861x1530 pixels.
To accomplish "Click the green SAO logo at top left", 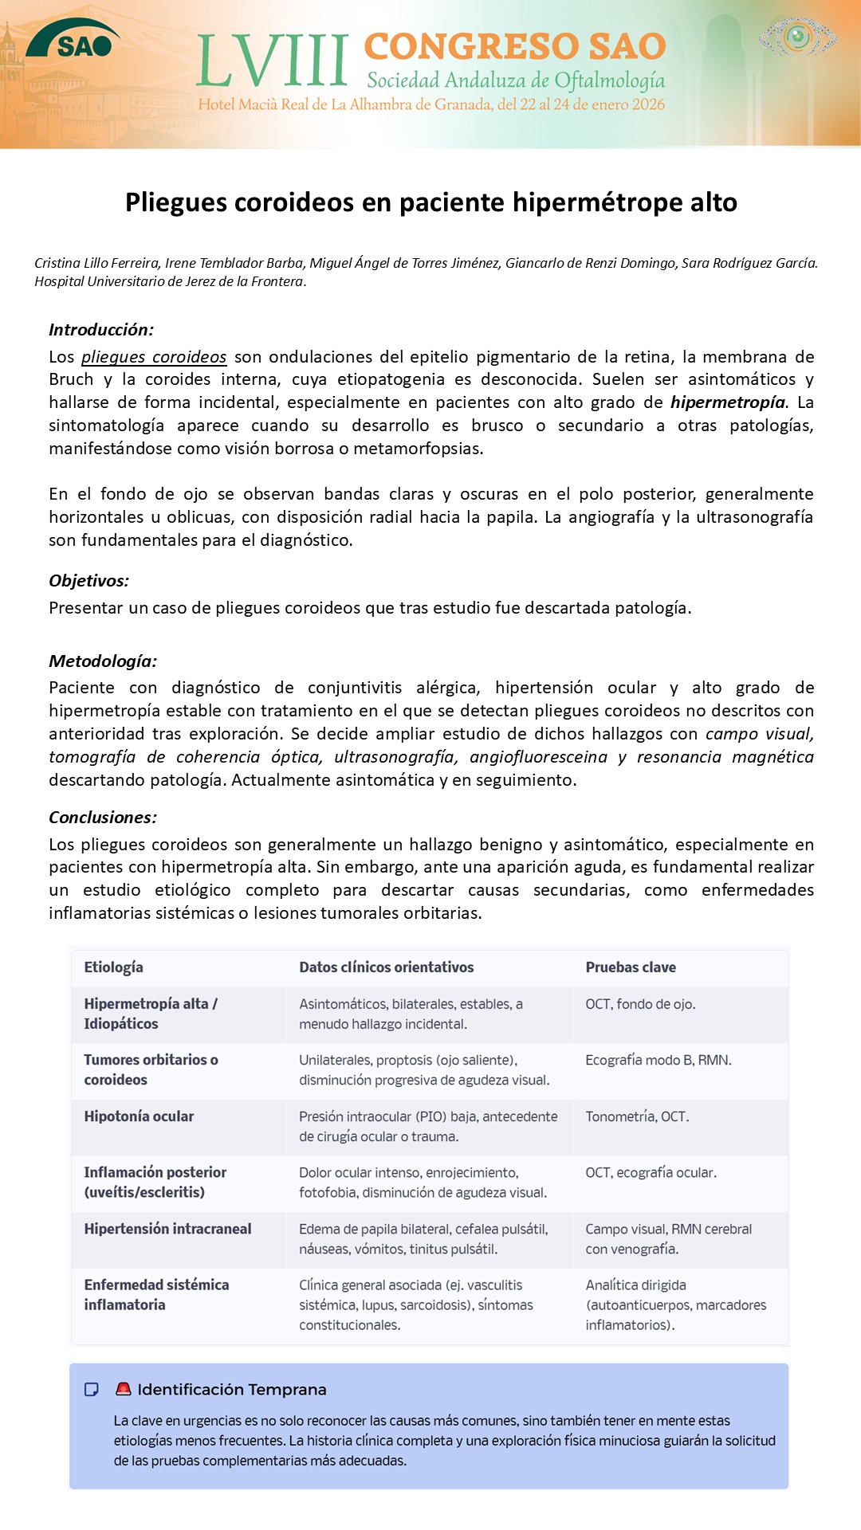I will click(73, 40).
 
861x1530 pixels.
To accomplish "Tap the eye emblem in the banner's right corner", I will click(798, 37).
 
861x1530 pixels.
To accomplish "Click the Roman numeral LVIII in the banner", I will click(272, 61).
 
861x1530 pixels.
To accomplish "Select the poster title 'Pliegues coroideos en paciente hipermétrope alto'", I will click(431, 202).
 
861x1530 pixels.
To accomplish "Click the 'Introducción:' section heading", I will click(101, 330).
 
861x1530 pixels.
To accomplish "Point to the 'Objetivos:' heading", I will click(88, 581).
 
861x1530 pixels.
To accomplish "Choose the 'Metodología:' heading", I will click(103, 661).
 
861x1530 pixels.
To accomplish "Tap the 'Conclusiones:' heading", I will click(103, 818).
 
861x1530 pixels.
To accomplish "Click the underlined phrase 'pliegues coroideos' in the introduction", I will click(154, 357).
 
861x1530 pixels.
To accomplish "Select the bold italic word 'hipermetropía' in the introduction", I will click(727, 402).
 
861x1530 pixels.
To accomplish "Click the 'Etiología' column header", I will click(113, 967).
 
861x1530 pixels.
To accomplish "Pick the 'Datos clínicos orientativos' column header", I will click(386, 967).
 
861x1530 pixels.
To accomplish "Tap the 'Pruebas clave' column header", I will click(631, 967).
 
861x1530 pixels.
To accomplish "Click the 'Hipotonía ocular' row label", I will click(139, 1116).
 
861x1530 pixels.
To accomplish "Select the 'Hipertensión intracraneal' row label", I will click(167, 1229).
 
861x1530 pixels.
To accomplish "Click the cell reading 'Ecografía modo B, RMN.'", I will click(658, 1061).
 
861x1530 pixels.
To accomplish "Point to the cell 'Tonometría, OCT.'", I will click(637, 1117).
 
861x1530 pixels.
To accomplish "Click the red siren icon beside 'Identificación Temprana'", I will click(123, 1389).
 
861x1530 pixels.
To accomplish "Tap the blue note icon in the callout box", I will click(92, 1390).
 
